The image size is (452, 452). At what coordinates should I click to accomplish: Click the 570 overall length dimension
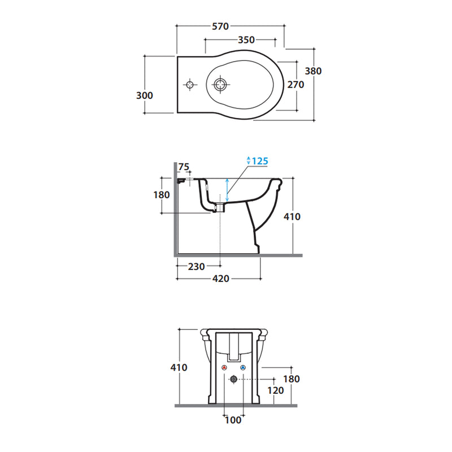click(220, 26)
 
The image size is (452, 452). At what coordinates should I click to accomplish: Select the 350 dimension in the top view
click(246, 40)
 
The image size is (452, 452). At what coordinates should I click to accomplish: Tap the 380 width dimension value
click(313, 71)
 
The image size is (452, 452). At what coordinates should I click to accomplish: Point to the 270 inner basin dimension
click(295, 85)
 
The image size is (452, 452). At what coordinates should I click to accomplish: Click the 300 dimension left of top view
click(145, 95)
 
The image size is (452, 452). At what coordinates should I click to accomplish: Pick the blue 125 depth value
click(259, 161)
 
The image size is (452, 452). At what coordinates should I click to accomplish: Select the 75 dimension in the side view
click(184, 167)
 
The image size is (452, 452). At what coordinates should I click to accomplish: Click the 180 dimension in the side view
click(162, 194)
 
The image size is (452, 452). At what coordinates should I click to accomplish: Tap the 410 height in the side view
click(292, 216)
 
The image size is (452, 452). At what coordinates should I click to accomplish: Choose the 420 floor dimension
click(221, 279)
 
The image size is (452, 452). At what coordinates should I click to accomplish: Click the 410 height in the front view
click(179, 367)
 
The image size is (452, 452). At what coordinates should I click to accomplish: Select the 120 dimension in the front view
click(275, 391)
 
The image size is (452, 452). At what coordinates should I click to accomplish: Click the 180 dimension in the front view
click(292, 379)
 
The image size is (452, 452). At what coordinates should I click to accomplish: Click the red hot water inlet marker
click(224, 368)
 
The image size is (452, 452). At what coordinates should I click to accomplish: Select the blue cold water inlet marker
click(243, 368)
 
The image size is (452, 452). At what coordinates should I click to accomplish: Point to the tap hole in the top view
click(190, 85)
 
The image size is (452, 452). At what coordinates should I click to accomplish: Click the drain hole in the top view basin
click(220, 85)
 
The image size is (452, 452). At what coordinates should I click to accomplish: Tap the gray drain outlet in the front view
click(233, 380)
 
